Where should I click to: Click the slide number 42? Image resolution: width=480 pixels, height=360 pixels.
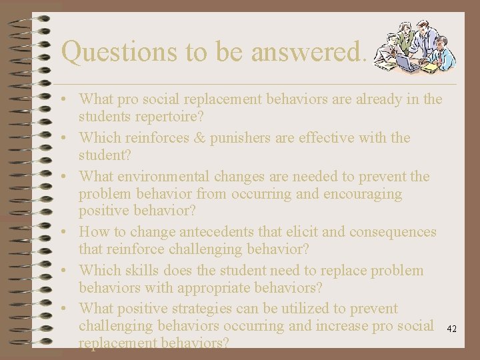[451, 329]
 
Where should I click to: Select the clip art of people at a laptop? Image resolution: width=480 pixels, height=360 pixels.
[414, 47]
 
